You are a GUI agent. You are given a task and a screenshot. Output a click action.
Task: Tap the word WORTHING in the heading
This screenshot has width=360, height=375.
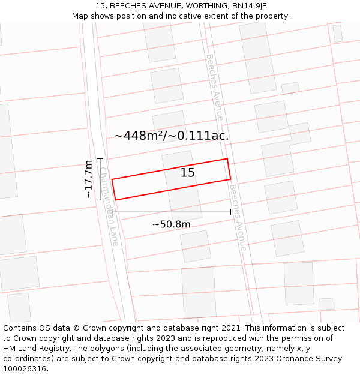pos(200,5)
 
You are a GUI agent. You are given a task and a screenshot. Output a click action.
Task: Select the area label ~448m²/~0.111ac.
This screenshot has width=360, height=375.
pos(172,136)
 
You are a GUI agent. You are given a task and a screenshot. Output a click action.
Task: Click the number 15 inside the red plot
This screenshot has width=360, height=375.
pos(188,173)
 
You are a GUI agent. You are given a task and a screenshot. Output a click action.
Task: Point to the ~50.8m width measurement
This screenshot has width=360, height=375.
pos(171,224)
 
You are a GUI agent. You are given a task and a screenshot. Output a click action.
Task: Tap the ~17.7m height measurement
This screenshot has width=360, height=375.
pos(89,179)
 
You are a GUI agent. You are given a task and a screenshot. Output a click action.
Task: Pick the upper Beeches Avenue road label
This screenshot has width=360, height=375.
pos(215,87)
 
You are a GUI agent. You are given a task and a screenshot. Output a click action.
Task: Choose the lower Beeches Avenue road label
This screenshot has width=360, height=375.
pos(238,217)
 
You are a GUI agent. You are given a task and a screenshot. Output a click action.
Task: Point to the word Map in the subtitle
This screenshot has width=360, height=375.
pos(80,16)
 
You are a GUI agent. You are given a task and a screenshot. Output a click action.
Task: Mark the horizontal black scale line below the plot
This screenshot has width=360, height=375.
pos(171,212)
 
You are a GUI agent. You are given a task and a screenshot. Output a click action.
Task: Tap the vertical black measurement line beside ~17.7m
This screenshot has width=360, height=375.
pos(101,179)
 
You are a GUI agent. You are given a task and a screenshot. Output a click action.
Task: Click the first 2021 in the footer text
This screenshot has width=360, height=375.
pos(232,328)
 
